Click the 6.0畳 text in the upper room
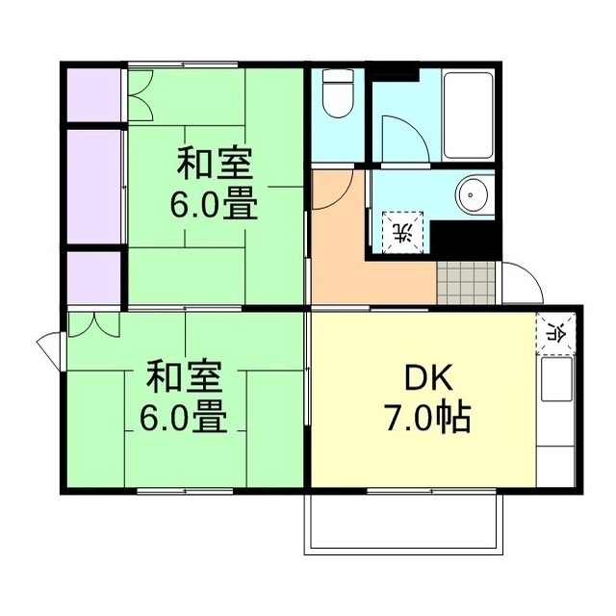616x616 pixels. point(215,205)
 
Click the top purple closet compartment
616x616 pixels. point(93,93)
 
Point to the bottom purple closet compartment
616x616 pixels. point(93,277)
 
